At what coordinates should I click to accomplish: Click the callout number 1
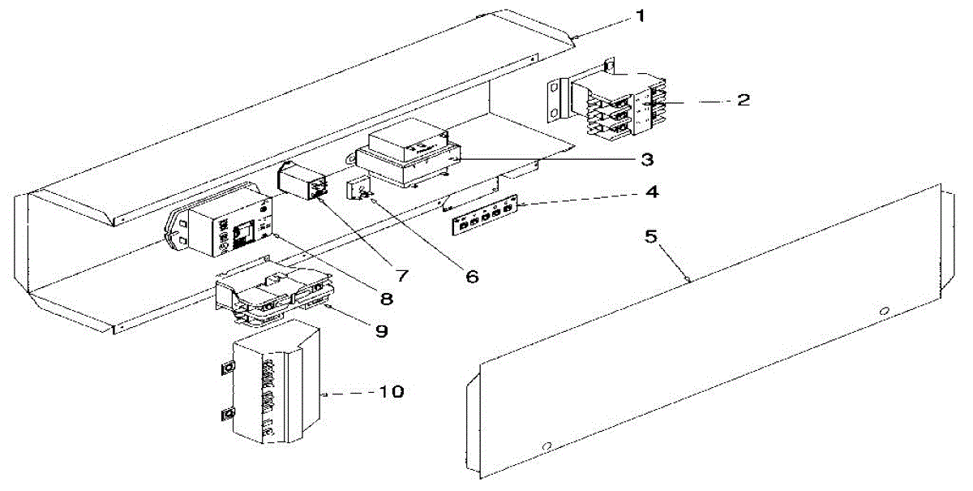[x=641, y=15]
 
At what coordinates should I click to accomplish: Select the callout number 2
[x=742, y=101]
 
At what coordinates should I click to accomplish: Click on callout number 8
[x=386, y=299]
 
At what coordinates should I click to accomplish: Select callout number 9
[x=380, y=331]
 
